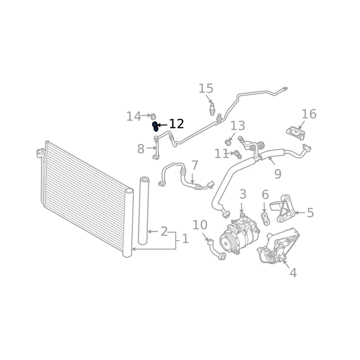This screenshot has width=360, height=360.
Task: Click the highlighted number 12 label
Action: coord(176,124)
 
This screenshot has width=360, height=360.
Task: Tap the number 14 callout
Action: coord(134,117)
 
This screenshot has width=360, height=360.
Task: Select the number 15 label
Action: coord(206,89)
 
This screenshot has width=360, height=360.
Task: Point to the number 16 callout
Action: coord(309,114)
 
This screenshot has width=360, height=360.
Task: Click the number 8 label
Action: coord(141,149)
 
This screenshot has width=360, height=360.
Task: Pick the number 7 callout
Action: coord(194,165)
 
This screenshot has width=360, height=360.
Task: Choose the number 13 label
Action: coord(238,126)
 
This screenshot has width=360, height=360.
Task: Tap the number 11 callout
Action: coord(221,154)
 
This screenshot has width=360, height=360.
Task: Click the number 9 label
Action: coord(277,174)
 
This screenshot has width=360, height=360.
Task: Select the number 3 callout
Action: coord(243,194)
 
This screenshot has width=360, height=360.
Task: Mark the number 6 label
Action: coord(265,195)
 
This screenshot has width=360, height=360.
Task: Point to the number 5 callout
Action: coord(310,212)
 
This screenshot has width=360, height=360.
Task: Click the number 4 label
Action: coord(293,272)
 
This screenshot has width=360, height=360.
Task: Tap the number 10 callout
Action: coord(200,225)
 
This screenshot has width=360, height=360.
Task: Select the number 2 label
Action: coord(164,232)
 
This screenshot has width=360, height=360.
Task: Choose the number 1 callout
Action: coord(184,238)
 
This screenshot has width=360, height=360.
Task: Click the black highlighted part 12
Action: coord(155,126)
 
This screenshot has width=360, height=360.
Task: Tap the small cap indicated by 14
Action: coord(152,116)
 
